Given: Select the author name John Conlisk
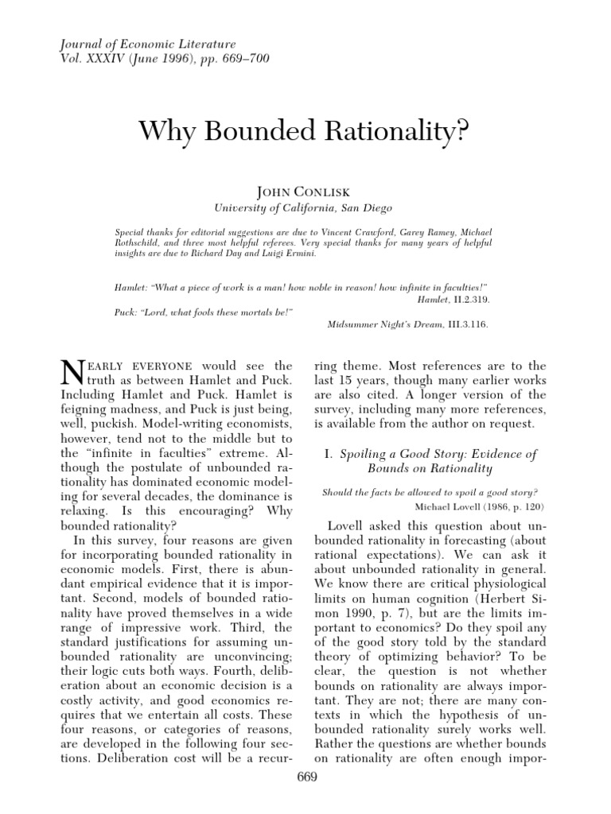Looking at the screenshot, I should coord(305,192).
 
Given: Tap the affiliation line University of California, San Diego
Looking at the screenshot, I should coord(305,207).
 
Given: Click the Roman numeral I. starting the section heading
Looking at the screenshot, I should coord(328,454).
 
